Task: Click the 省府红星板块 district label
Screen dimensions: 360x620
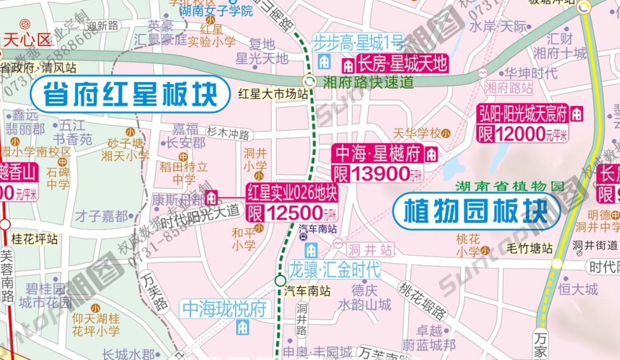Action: [x=130, y=94]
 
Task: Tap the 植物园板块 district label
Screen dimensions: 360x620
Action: [x=476, y=210]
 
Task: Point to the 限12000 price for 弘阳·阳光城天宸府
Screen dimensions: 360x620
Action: [x=523, y=134]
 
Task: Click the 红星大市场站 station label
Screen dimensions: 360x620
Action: [x=273, y=94]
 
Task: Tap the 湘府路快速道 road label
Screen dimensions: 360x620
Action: [x=368, y=82]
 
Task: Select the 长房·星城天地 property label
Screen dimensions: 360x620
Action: [x=402, y=63]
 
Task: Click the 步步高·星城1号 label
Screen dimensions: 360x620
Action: [x=359, y=43]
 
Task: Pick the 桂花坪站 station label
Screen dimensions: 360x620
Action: [x=34, y=238]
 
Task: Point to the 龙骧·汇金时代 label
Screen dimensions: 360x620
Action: [x=335, y=270]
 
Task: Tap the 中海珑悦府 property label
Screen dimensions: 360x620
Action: [x=224, y=310]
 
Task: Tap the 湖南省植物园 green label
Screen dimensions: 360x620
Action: [x=509, y=186]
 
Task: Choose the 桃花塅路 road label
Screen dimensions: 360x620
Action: [x=422, y=300]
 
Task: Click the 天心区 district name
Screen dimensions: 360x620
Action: [x=27, y=40]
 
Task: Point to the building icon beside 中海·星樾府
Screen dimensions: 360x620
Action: [x=431, y=154]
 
